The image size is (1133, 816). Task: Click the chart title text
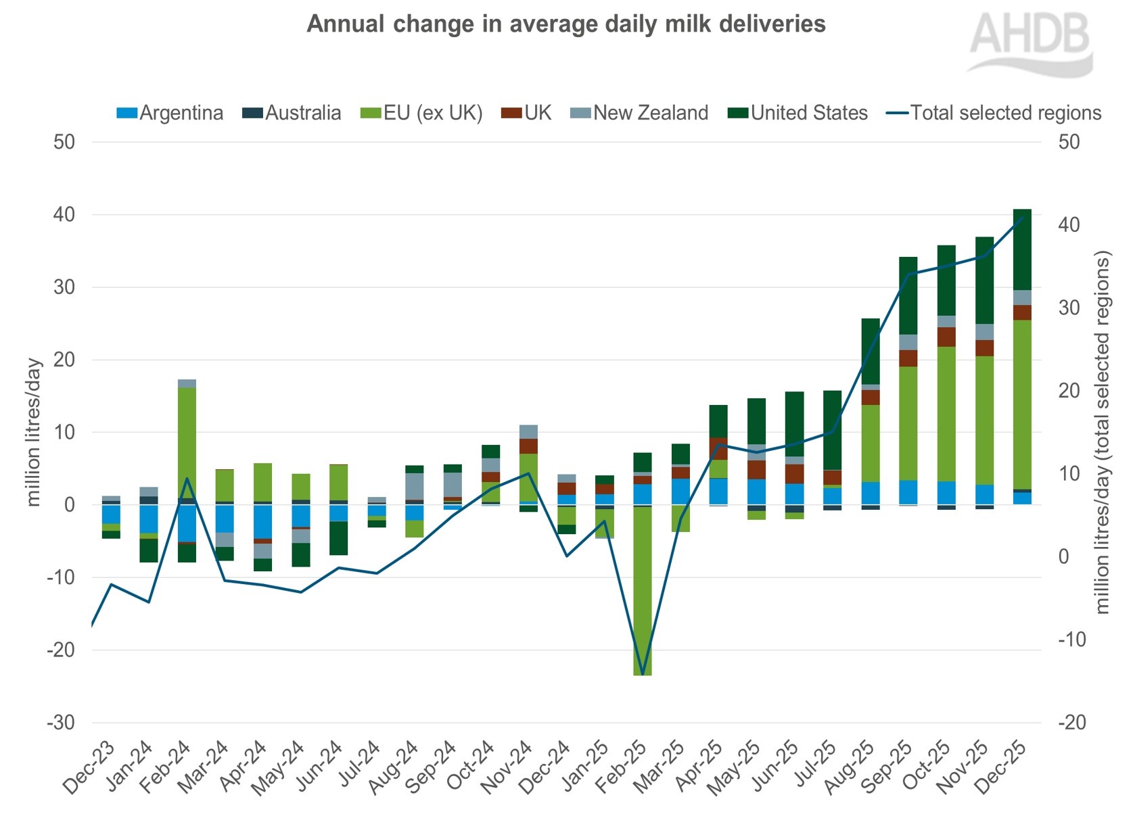tap(566, 24)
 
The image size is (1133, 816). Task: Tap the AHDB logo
tap(1030, 42)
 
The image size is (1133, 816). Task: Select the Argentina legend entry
tap(170, 113)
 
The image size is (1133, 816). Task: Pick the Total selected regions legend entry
tap(994, 113)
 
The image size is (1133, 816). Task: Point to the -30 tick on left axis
tap(61, 723)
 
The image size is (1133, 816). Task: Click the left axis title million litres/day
tap(34, 433)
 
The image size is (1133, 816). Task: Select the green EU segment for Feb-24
tap(187, 439)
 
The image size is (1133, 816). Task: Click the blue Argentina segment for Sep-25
tap(908, 492)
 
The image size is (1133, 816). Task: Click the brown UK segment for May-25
tap(756, 470)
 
